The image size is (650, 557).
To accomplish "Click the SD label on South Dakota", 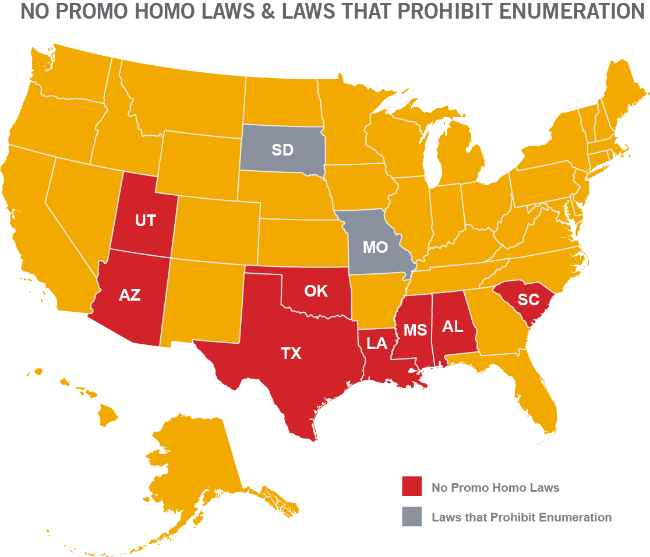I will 282,150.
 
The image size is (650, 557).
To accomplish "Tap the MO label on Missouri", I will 375,247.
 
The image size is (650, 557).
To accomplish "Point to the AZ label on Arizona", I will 129,295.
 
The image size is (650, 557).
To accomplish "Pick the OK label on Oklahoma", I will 316,290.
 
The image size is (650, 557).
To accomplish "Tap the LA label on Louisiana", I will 377,343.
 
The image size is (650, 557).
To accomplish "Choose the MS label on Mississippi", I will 415,330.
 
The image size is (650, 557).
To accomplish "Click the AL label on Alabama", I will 452,326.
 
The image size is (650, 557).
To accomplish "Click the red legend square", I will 411,487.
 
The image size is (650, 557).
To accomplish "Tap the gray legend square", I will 411,517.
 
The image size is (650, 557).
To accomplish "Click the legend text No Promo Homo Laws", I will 495,488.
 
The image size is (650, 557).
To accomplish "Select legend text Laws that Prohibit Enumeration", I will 521,517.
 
